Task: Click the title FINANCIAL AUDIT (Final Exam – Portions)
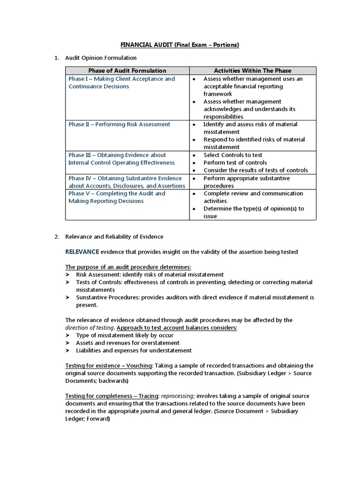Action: click(180, 45)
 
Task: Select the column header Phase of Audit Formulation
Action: click(127, 71)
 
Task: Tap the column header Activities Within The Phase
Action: click(253, 71)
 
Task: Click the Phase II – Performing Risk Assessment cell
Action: click(120, 124)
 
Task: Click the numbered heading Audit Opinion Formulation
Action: click(101, 58)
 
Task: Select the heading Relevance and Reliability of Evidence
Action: click(114, 237)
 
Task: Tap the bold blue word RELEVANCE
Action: click(82, 252)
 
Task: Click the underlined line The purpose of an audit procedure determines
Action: click(128, 267)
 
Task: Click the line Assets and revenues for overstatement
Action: click(127, 343)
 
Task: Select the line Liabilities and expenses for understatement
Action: click(134, 350)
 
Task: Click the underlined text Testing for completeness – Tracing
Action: click(112, 396)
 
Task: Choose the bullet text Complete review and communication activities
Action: click(253, 197)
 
